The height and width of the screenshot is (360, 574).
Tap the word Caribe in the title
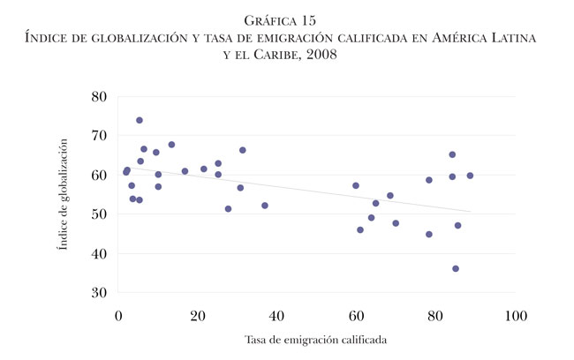(x=284, y=54)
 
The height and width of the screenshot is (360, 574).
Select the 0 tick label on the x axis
(x=119, y=314)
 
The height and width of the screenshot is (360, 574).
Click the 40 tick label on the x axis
(x=277, y=314)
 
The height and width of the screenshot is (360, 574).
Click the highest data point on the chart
(x=140, y=120)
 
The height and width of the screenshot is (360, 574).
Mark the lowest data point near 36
(x=456, y=268)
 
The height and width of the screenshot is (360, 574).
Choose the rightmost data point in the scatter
(x=470, y=176)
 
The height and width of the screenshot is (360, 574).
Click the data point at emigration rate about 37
(x=265, y=206)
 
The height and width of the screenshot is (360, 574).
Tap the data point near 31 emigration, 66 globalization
(x=243, y=150)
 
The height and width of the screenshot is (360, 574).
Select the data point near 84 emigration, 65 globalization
(x=452, y=154)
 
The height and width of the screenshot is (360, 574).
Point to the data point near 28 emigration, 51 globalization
(x=228, y=209)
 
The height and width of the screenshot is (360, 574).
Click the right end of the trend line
(x=471, y=212)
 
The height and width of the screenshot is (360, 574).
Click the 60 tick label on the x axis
(x=357, y=314)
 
